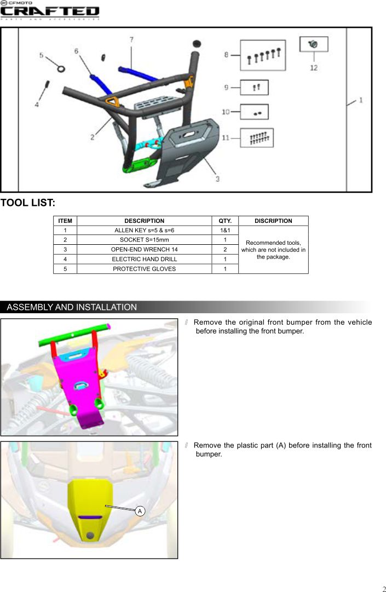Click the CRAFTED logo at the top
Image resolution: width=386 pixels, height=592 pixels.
pyautogui.click(x=50, y=12)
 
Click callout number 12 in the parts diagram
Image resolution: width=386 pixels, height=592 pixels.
pyautogui.click(x=314, y=68)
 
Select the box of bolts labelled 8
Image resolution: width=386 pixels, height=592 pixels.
pyautogui.click(x=263, y=55)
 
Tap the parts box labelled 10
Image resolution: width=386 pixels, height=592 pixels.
pyautogui.click(x=254, y=112)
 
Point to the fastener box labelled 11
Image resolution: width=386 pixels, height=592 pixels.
pyautogui.click(x=257, y=137)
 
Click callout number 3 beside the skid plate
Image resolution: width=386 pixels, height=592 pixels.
pyautogui.click(x=217, y=179)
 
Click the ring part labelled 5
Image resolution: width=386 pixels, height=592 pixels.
pyautogui.click(x=61, y=68)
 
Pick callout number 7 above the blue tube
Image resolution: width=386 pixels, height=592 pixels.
pyautogui.click(x=131, y=39)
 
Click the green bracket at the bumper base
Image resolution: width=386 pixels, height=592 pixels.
pyautogui.click(x=139, y=165)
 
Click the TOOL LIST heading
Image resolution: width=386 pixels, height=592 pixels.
pyautogui.click(x=28, y=203)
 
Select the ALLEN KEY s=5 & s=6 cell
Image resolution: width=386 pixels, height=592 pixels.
pyautogui.click(x=144, y=231)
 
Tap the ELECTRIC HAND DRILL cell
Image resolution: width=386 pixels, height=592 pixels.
pyautogui.click(x=144, y=259)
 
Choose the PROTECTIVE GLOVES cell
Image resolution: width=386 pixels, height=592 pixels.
pyautogui.click(x=144, y=269)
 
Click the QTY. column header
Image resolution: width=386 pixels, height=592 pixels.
pyautogui.click(x=225, y=221)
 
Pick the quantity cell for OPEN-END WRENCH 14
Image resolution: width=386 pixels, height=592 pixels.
pyautogui.click(x=225, y=250)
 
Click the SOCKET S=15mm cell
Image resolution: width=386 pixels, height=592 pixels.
pyautogui.click(x=144, y=240)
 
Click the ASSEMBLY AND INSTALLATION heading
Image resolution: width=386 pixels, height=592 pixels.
pyautogui.click(x=72, y=307)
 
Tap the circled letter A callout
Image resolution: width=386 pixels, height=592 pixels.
pyautogui.click(x=140, y=511)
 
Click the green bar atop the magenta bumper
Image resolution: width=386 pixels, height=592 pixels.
pyautogui.click(x=74, y=335)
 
